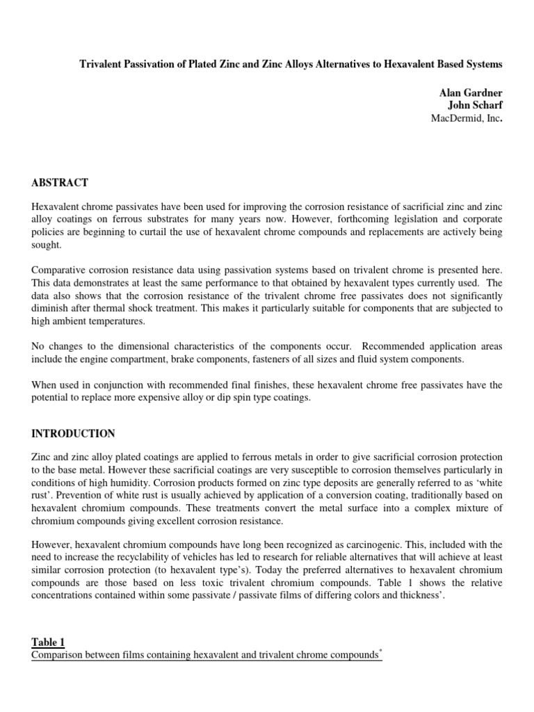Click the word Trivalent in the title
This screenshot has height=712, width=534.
tap(102, 64)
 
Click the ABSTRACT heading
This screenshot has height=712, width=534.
tap(60, 183)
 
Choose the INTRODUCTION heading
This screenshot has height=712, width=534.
tap(73, 433)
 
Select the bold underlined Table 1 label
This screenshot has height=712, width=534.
tap(50, 642)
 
